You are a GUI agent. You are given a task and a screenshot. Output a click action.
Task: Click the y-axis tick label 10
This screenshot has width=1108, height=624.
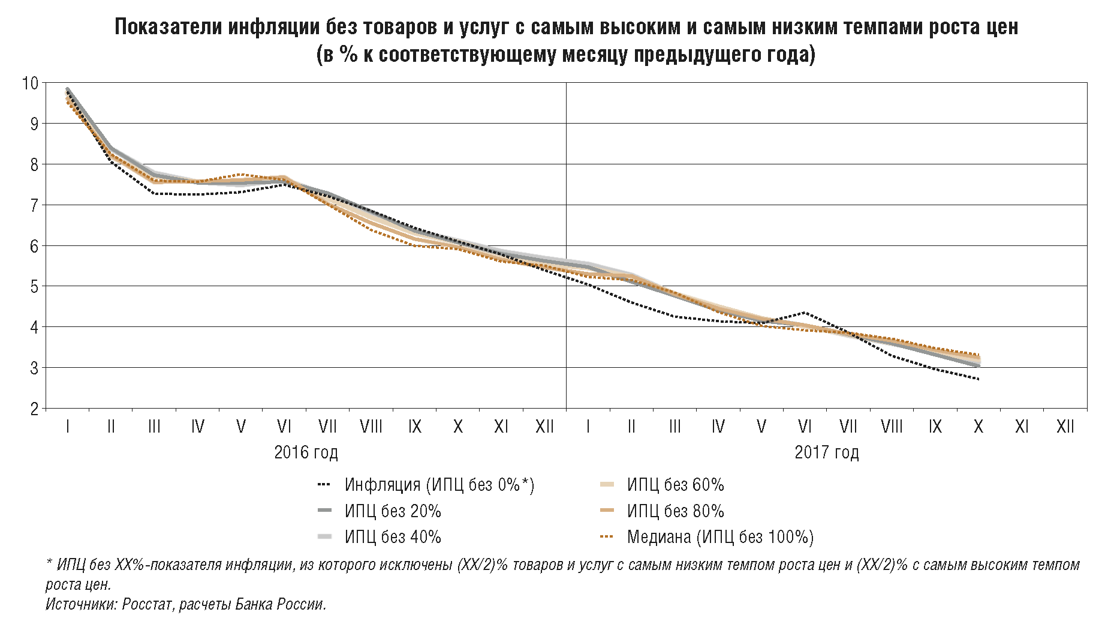click(30, 83)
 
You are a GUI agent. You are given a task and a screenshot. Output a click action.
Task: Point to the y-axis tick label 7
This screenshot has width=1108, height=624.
click(34, 205)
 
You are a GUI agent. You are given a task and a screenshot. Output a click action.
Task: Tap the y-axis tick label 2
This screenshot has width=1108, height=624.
click(34, 409)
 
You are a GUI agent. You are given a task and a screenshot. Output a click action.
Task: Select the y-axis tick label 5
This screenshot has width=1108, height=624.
click(34, 287)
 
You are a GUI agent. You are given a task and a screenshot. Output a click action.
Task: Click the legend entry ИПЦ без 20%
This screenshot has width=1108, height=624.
click(392, 511)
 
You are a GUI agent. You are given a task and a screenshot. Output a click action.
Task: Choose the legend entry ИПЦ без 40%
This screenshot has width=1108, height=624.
click(392, 537)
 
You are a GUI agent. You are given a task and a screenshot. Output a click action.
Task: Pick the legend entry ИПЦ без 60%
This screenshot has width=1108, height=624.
click(675, 485)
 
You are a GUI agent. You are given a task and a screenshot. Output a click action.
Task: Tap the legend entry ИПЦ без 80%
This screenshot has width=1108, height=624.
click(675, 511)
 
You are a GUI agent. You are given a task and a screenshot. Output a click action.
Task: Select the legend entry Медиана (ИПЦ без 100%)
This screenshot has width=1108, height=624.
click(720, 537)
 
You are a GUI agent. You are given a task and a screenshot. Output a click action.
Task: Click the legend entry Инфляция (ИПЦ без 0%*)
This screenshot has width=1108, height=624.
click(439, 485)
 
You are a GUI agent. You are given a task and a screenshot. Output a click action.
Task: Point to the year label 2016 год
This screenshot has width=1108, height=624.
click(306, 452)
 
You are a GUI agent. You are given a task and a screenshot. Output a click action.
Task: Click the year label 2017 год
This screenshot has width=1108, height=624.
click(827, 452)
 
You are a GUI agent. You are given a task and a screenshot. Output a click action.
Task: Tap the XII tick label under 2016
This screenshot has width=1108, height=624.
click(544, 427)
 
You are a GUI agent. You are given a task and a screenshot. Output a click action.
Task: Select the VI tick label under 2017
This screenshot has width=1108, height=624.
click(805, 427)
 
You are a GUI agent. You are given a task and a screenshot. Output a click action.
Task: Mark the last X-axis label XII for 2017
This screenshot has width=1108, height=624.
click(1065, 427)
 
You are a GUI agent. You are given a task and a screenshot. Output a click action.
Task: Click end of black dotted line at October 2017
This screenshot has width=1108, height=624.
click(978, 379)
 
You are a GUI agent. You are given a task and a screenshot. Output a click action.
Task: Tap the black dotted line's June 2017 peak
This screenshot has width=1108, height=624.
click(805, 313)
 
